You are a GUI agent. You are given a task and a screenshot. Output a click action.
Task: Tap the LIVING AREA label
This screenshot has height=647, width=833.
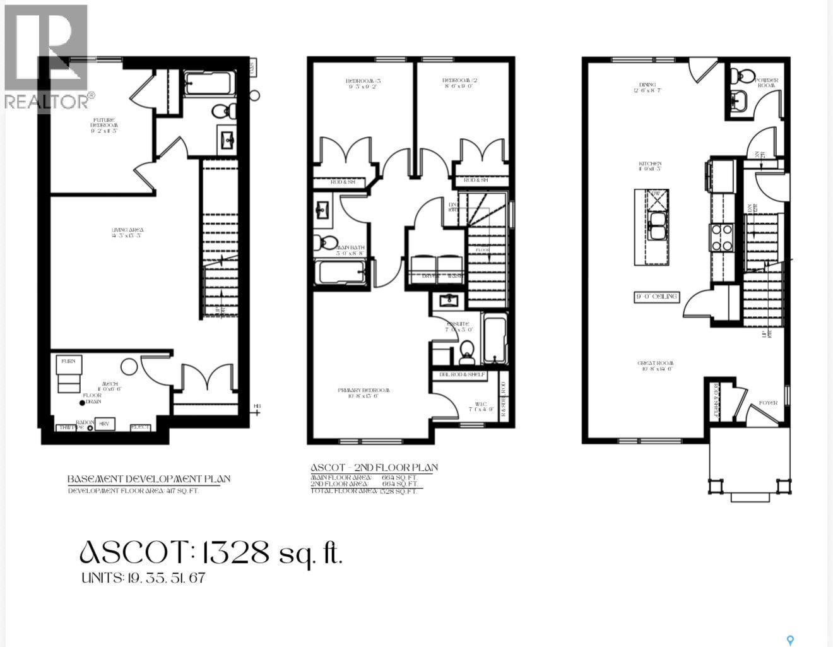pyautogui.click(x=128, y=233)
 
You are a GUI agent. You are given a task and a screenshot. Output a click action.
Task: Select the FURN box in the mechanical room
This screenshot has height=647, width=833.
pyautogui.click(x=68, y=362)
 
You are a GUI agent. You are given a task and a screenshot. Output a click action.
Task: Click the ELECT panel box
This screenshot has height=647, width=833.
pyautogui.click(x=141, y=427)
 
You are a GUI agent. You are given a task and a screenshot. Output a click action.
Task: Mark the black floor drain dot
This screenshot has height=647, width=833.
pyautogui.click(x=81, y=403)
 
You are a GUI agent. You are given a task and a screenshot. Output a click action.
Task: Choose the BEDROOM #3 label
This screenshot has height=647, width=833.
pyautogui.click(x=363, y=84)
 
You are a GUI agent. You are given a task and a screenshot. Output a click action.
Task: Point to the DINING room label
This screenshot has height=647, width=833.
pyautogui.click(x=647, y=87)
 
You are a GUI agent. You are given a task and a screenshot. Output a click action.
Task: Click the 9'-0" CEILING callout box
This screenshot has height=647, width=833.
pyautogui.click(x=657, y=297)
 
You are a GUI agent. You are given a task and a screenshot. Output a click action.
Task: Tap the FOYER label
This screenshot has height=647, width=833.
pyautogui.click(x=768, y=403)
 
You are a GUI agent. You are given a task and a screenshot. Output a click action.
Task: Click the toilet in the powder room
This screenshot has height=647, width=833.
pyautogui.click(x=743, y=76)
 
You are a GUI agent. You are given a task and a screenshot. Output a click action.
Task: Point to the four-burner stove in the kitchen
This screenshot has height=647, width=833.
pyautogui.click(x=721, y=237)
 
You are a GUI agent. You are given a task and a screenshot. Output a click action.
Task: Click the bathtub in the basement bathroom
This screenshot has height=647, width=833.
pyautogui.click(x=210, y=83)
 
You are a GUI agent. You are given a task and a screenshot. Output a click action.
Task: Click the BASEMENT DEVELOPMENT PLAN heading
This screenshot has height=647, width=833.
pyautogui.click(x=149, y=479)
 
